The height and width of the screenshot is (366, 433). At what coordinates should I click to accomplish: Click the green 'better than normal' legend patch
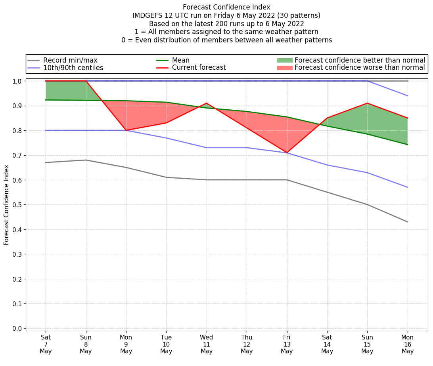pyautogui.click(x=284, y=60)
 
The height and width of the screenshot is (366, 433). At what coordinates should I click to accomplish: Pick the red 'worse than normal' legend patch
pyautogui.click(x=284, y=68)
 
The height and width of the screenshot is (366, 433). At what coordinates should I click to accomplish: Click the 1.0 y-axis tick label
pyautogui.click(x=18, y=81)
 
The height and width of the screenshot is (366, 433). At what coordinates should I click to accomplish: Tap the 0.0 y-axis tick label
pyautogui.click(x=18, y=329)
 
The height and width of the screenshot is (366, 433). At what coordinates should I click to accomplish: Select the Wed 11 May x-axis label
pyautogui.click(x=207, y=345)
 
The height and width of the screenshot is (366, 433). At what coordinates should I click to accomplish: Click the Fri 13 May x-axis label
pyautogui.click(x=287, y=345)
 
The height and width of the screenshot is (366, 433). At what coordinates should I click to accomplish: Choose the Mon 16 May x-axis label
pyautogui.click(x=408, y=345)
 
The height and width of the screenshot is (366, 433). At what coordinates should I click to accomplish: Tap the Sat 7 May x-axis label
pyautogui.click(x=46, y=345)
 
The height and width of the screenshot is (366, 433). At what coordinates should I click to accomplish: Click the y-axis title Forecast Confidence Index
pyautogui.click(x=6, y=205)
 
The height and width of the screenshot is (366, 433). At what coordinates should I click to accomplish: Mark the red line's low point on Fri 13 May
pyautogui.click(x=287, y=152)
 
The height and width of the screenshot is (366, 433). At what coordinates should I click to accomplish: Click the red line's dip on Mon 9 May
pyautogui.click(x=126, y=130)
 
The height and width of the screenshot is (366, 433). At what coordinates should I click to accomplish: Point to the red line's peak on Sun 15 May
pyautogui.click(x=367, y=103)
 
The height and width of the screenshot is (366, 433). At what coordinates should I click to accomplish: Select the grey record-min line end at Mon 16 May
pyautogui.click(x=408, y=222)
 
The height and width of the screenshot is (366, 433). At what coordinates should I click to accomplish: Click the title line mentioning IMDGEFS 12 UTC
pyautogui.click(x=226, y=15)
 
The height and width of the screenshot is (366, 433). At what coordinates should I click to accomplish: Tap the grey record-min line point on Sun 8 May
pyautogui.click(x=86, y=160)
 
